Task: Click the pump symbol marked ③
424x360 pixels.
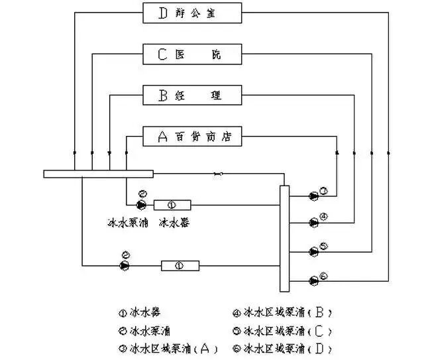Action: click(x=313, y=196)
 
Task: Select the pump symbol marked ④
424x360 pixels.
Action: click(x=313, y=222)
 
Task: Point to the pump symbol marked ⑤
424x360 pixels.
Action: click(x=313, y=251)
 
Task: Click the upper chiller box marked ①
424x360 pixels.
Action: click(x=172, y=205)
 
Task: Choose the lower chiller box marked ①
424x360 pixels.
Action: click(x=180, y=266)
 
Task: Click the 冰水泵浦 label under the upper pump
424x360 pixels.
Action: click(x=128, y=223)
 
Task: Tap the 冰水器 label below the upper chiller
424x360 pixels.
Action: click(x=174, y=223)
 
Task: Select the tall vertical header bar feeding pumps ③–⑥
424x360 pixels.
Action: click(x=285, y=239)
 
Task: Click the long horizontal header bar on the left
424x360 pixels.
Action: click(x=98, y=174)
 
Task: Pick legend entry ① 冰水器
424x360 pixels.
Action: click(x=139, y=312)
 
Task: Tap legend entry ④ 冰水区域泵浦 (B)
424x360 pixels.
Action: click(x=282, y=312)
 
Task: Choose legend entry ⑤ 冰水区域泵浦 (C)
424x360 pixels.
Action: click(x=282, y=330)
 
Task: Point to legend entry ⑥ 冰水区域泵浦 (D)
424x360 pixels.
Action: click(x=282, y=348)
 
